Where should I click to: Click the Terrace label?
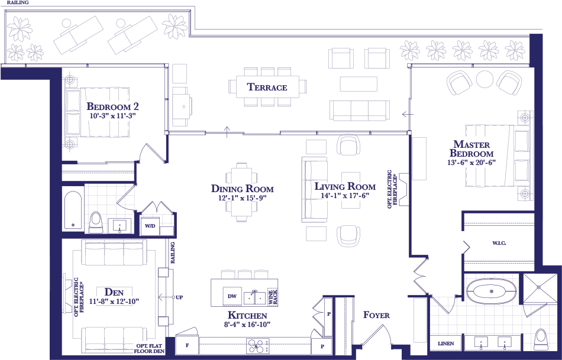267,87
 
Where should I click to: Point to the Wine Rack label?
273,297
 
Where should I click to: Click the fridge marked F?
187,346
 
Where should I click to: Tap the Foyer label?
376,315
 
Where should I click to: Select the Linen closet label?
446,343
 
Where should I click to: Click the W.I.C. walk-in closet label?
499,243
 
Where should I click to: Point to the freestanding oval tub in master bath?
492,291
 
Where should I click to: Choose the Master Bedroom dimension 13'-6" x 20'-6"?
471,162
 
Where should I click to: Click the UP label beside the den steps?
180,297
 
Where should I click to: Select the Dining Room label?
243,189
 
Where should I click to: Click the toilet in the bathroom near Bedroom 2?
96,222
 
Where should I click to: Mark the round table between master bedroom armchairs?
485,79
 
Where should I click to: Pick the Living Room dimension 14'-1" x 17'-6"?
345,196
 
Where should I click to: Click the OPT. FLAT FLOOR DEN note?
150,349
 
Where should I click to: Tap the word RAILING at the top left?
18,2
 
